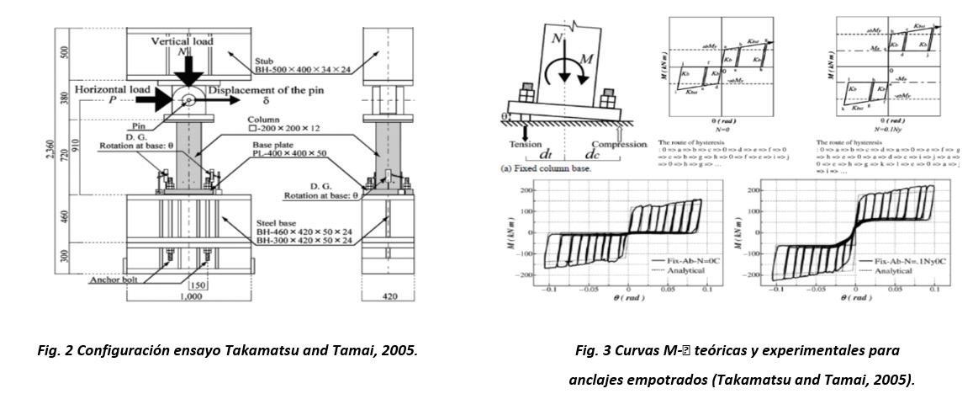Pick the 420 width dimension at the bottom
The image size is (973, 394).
click(x=388, y=297)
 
